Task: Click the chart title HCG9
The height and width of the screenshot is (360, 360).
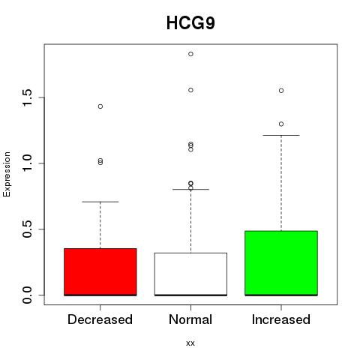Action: click(190, 23)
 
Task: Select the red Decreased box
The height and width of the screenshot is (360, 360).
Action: click(100, 272)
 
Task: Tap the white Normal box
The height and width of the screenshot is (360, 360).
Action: click(190, 274)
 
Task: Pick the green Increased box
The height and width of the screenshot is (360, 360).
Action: click(281, 263)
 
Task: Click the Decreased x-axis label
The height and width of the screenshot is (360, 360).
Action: click(100, 319)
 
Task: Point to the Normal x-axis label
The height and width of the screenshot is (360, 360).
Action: click(190, 319)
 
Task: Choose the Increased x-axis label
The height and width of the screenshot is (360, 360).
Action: click(281, 319)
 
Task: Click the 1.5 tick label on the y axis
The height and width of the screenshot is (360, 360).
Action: click(27, 97)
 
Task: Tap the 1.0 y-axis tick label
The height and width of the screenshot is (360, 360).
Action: click(27, 163)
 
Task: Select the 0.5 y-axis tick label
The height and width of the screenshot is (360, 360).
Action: click(27, 229)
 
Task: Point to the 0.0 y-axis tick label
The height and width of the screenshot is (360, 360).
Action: click(27, 295)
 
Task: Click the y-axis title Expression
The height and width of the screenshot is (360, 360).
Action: click(7, 174)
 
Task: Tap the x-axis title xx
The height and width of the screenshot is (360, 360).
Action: click(190, 343)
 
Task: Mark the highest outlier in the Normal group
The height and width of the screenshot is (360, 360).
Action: click(190, 54)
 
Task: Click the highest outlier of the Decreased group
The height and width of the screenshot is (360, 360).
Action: click(100, 106)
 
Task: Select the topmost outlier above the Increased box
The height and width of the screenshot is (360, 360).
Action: click(281, 91)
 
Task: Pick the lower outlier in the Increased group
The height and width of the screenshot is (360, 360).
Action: click(281, 124)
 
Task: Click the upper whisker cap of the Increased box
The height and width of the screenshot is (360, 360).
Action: click(281, 135)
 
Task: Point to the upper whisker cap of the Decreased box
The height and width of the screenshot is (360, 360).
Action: click(100, 202)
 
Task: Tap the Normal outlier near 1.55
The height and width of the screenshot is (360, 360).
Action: click(190, 90)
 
